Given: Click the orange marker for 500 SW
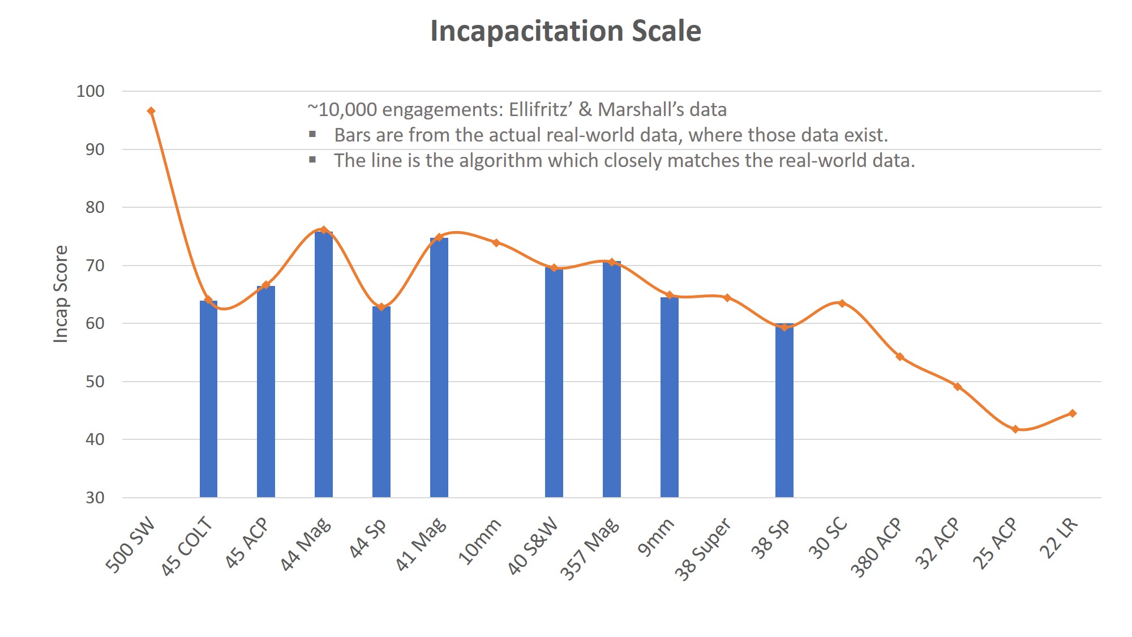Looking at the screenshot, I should (x=151, y=112).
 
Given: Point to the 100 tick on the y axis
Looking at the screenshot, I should (x=91, y=91).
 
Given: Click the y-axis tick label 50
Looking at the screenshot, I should (x=95, y=382).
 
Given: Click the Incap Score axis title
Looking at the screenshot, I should (x=61, y=294).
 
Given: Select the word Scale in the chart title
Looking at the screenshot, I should (x=666, y=31).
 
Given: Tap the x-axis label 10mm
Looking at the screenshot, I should (x=480, y=541).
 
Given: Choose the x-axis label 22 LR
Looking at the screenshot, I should (x=1059, y=538).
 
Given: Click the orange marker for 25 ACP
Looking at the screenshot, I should (x=1015, y=429).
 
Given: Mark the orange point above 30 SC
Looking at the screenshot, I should (x=842, y=303).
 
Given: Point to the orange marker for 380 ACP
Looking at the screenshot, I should (x=899, y=357).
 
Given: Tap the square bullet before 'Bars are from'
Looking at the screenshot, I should (x=312, y=135).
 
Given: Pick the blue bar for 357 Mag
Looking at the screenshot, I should (x=611, y=379).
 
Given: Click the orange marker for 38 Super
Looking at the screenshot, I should (x=727, y=298).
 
